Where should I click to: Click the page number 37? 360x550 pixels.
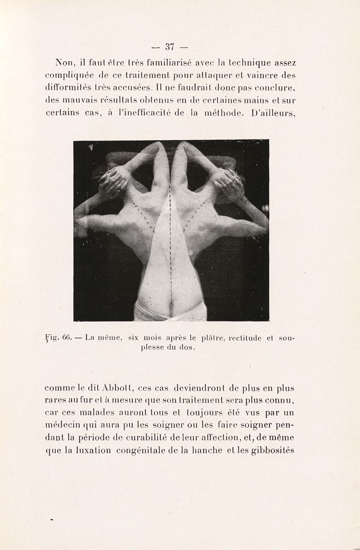tap(170, 46)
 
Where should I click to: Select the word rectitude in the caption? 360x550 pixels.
tap(248, 337)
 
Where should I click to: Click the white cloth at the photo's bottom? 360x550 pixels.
tap(170, 313)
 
